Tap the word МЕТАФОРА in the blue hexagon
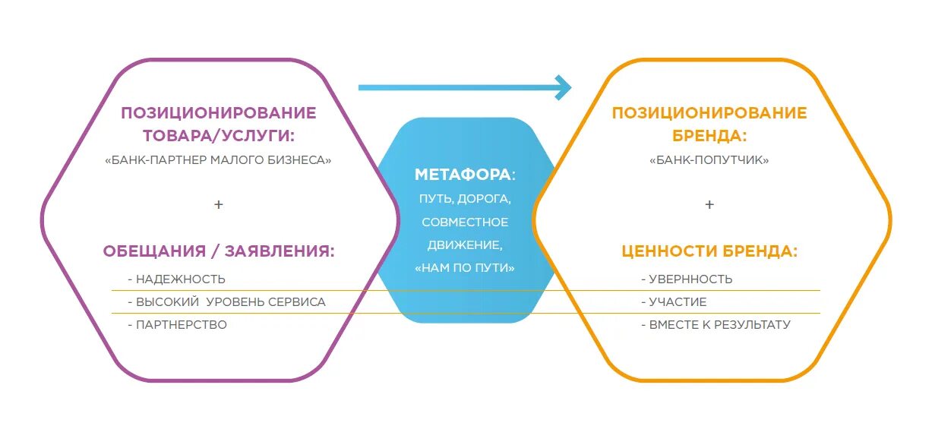(x=463, y=175)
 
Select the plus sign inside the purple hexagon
(x=219, y=205)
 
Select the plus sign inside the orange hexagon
(x=709, y=205)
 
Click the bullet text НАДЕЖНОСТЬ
(x=180, y=279)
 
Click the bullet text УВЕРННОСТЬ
(x=690, y=279)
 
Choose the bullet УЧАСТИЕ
(x=678, y=302)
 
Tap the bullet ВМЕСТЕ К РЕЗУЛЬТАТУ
(x=719, y=325)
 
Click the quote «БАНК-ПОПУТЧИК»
(x=709, y=160)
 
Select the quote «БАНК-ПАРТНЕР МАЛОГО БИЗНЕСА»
(x=219, y=160)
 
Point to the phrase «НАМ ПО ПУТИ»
(x=465, y=268)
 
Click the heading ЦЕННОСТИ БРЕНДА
(x=709, y=251)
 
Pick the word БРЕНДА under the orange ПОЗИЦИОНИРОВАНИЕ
(x=709, y=136)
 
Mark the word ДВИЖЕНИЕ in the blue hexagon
(x=463, y=245)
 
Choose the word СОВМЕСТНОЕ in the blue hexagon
(x=465, y=222)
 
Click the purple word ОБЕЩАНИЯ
(x=154, y=251)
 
